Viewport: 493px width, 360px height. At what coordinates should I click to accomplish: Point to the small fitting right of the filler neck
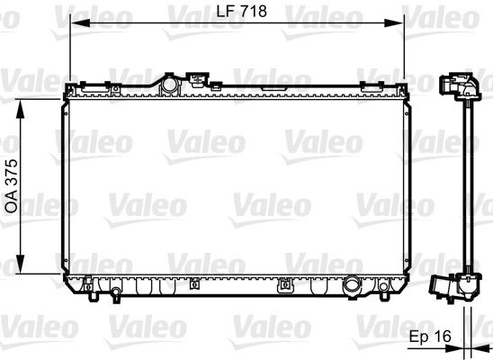click(194, 80)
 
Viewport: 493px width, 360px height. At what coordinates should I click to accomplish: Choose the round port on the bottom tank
click(353, 288)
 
